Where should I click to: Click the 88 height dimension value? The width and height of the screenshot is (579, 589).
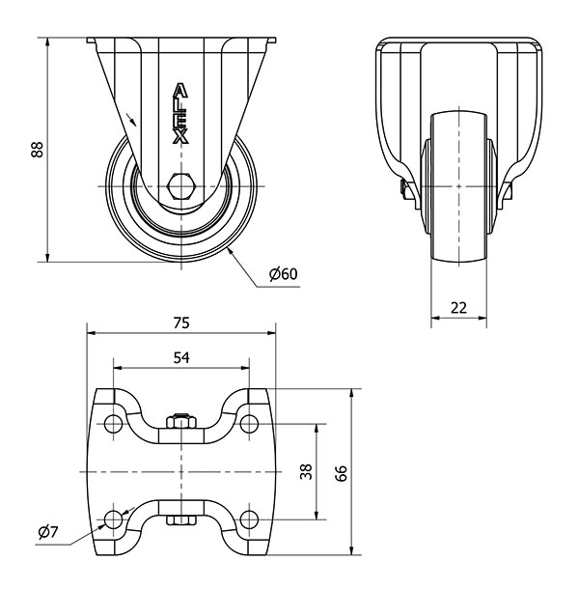(38, 150)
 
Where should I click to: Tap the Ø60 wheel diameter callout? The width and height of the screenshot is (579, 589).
(283, 274)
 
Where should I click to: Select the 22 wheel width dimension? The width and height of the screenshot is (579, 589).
(458, 308)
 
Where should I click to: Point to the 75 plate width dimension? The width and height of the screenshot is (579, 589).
(181, 323)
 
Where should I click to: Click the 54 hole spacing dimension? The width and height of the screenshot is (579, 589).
(181, 358)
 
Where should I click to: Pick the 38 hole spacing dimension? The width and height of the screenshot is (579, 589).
(307, 472)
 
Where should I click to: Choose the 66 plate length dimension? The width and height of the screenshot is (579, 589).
(342, 473)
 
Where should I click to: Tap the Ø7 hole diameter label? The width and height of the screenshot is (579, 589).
(48, 532)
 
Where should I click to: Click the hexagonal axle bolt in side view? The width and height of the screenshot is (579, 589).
(181, 186)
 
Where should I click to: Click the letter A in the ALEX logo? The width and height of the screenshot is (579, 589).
(180, 90)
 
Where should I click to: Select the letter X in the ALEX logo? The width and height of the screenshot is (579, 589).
(180, 137)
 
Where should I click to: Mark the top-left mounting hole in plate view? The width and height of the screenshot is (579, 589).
(114, 424)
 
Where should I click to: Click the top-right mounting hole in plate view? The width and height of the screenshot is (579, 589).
(249, 424)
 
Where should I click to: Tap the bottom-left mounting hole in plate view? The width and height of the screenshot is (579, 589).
(114, 519)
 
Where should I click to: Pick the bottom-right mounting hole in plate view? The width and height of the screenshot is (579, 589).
(249, 519)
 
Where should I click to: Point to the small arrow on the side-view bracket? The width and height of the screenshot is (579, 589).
(131, 119)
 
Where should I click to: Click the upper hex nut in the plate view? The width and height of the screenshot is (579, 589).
(181, 421)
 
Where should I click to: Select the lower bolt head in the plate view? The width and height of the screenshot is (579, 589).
(181, 520)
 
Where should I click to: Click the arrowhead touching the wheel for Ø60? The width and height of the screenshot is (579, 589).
(231, 252)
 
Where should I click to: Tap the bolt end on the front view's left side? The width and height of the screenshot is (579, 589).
(405, 189)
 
